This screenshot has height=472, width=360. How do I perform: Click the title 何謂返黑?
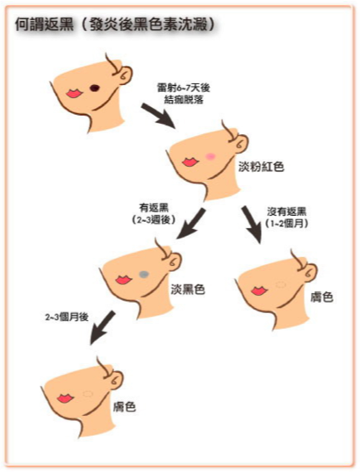point(44,25)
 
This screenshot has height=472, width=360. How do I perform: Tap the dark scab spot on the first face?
point(95,88)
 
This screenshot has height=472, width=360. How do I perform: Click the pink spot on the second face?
point(210,156)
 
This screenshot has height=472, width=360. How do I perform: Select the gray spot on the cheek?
point(144,274)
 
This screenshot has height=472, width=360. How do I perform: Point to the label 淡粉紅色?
point(262,166)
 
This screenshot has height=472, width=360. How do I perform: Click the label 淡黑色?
point(188,290)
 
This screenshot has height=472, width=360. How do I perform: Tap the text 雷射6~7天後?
point(184,88)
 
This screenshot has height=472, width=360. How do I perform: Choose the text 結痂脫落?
point(184,99)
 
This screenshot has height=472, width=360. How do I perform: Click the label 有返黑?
point(154,208)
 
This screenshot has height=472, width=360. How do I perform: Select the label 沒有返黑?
point(286,211)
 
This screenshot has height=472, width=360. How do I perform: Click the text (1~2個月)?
point(286,224)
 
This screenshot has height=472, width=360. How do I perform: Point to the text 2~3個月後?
point(67,317)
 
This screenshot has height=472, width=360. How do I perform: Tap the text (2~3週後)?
point(154,219)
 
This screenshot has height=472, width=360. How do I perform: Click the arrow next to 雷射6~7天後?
point(159,116)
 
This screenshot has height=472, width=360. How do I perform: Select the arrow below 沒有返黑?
point(252,225)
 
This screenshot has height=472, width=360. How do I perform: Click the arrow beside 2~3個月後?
point(102,327)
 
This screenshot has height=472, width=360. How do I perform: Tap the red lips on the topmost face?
point(74,93)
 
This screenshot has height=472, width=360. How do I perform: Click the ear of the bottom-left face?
point(117,380)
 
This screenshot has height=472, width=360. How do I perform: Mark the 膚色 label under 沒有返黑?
point(321,297)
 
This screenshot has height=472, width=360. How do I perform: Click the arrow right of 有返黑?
point(191,224)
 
